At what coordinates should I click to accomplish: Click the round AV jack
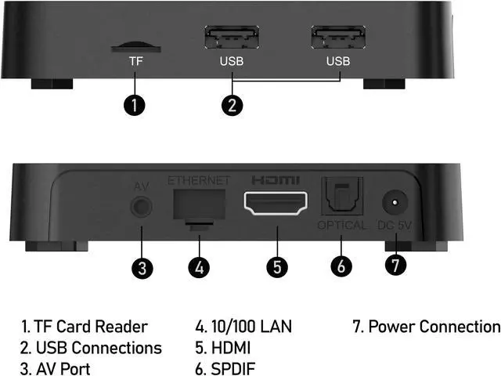(x=141, y=208)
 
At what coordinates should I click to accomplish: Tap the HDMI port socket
(x=276, y=204)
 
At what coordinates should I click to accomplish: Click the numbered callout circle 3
(x=141, y=267)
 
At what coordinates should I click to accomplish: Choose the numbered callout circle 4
(x=200, y=267)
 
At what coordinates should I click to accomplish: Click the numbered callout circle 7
(x=397, y=265)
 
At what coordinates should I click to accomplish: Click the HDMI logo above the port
(x=276, y=179)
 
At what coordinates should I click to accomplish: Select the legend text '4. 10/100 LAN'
(x=245, y=326)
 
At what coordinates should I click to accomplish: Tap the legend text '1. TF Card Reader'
(x=85, y=326)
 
